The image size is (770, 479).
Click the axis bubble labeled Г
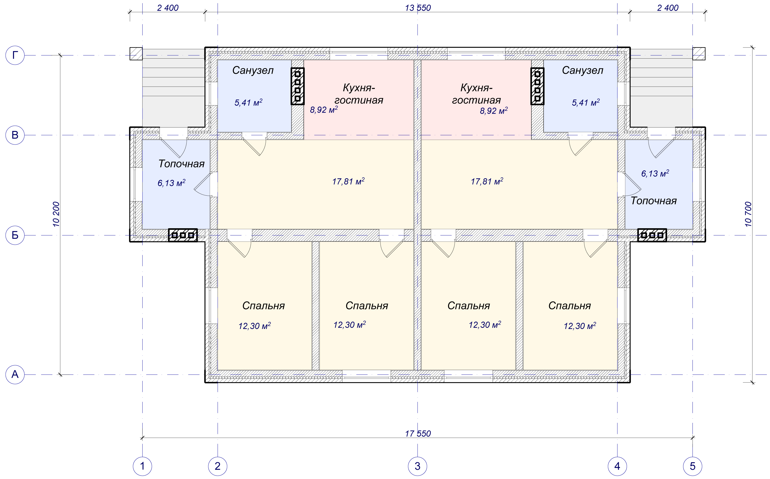pos(15,55)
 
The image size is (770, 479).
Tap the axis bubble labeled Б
pos(15,235)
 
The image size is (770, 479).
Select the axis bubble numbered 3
pos(417,466)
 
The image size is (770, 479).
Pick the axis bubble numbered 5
pos(692,466)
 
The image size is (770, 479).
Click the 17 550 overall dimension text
pos(418,433)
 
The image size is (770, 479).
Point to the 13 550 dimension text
pos(418,8)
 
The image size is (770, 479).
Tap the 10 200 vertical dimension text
pos(56,214)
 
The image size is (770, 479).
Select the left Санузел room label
pos(253,70)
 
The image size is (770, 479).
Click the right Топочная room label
pos(654,201)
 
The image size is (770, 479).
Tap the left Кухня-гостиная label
pos(359,94)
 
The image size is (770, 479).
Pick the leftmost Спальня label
pos(263,305)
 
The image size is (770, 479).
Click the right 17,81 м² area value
pos(487,181)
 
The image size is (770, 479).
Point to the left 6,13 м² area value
pos(171,183)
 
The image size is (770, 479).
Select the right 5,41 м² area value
pos(586,102)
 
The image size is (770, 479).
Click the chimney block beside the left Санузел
pos(298,86)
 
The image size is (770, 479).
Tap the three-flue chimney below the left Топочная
pos(183,235)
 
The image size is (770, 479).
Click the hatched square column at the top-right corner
pos(699,54)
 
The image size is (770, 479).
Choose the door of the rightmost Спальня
pos(596,249)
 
